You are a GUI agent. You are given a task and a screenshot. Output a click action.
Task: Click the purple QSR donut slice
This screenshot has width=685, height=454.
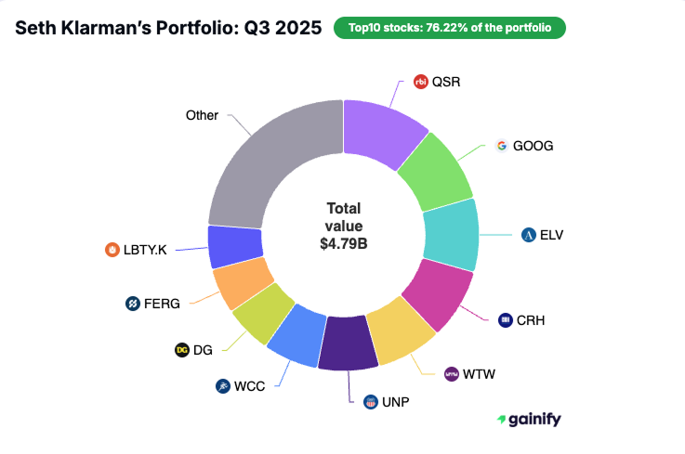point(380,129)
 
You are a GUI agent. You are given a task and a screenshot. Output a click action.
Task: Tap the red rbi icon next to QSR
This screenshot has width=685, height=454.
point(421,82)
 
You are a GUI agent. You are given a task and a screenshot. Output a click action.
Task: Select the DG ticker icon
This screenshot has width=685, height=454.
point(182,350)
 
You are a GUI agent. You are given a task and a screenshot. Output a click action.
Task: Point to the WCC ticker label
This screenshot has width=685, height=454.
point(250,385)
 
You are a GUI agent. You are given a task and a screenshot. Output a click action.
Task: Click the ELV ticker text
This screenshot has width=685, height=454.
point(551,234)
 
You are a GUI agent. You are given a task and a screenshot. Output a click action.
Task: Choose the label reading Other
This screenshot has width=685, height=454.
point(202,116)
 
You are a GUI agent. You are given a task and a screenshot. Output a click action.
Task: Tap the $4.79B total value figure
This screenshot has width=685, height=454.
point(343,243)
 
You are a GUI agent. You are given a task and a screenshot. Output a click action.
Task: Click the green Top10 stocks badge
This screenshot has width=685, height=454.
point(449,27)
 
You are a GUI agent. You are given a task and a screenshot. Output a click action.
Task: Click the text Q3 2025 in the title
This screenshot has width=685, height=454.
point(284,27)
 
